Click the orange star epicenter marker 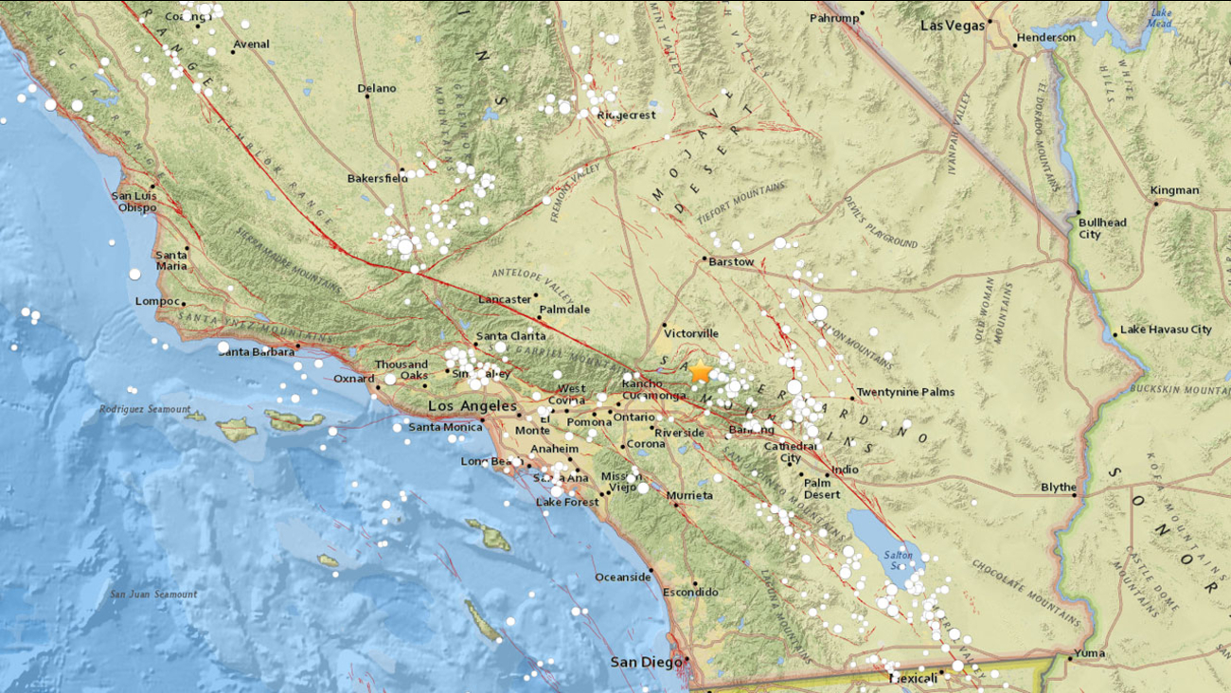(x=700, y=371)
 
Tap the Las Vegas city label (x=953, y=26)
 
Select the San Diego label (x=644, y=662)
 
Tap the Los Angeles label (x=473, y=406)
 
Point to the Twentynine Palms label (x=905, y=392)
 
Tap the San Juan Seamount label (x=153, y=595)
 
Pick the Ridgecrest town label (x=627, y=115)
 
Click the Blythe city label (x=1058, y=488)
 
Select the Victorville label (x=691, y=333)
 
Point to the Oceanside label (x=622, y=577)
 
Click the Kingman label (x=1174, y=190)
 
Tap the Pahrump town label (x=835, y=18)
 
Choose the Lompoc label (x=157, y=301)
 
